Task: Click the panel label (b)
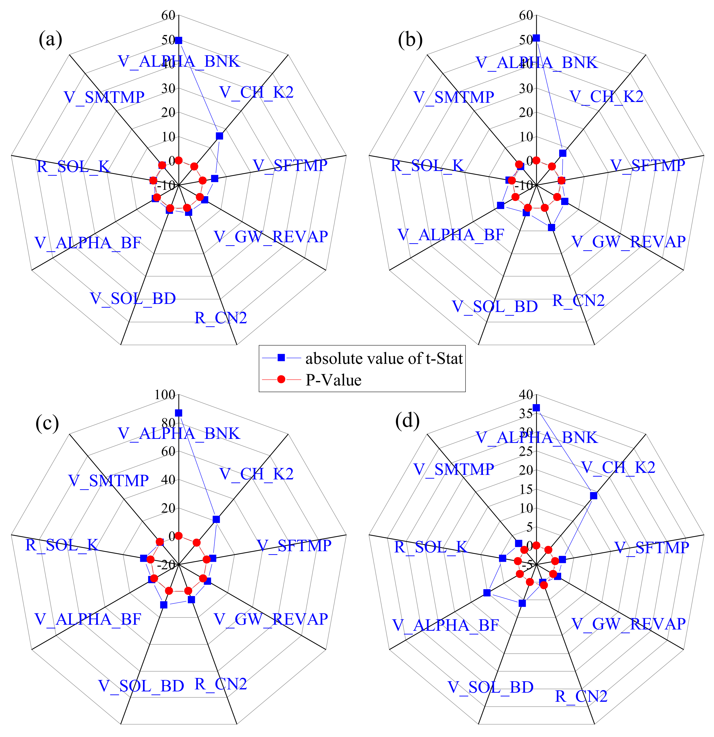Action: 410,40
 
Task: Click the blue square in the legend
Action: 281,358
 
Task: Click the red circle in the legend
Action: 281,379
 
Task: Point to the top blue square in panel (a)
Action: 178,40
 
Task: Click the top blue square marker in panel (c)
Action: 178,413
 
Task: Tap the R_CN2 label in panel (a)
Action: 221,318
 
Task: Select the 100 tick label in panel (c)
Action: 165,395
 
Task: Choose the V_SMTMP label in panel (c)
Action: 108,481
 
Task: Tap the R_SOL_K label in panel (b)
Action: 427,165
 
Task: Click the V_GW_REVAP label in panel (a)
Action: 271,236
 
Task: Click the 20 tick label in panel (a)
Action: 168,113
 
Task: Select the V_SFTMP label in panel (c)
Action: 294,546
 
